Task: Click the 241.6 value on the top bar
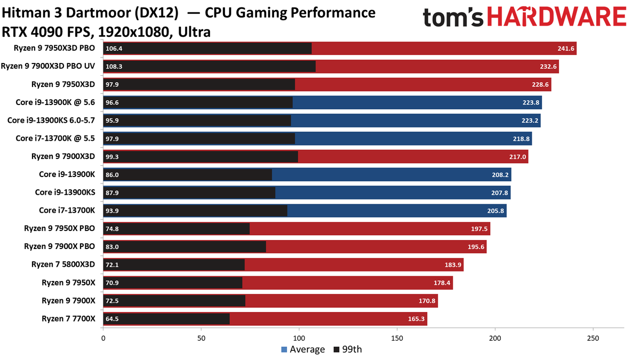[x=565, y=49]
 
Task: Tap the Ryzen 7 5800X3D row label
[x=63, y=265]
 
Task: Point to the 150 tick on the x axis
[x=397, y=338]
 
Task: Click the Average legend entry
[x=302, y=349]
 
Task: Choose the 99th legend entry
[x=348, y=349]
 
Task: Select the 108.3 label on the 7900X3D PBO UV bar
[x=115, y=67]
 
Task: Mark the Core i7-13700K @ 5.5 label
[x=55, y=138]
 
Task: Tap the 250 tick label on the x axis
[x=593, y=338]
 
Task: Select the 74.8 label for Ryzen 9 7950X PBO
[x=113, y=229]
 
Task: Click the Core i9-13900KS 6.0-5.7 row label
[x=51, y=121]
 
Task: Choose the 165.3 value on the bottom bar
[x=415, y=319]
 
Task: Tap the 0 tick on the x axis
[x=103, y=338]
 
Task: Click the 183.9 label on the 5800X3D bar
[x=452, y=265]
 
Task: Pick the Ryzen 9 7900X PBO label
[x=59, y=246]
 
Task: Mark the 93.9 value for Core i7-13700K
[x=113, y=211]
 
